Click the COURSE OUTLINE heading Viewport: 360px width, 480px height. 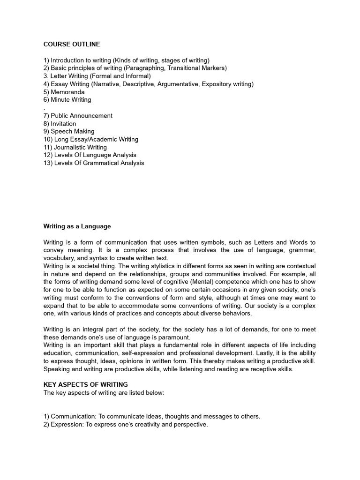(72, 45)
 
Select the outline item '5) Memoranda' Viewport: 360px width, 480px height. (64, 92)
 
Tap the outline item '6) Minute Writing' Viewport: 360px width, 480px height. (67, 100)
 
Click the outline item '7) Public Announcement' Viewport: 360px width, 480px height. (78, 116)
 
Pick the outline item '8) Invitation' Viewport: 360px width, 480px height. (60, 124)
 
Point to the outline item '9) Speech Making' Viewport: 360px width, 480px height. (69, 131)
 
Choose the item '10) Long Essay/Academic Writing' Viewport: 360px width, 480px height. (91, 139)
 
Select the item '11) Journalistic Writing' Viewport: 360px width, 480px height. (75, 147)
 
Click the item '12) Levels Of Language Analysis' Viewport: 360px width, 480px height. (90, 155)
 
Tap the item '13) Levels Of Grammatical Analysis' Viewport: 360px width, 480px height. (94, 163)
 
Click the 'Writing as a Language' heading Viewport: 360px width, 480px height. (77, 226)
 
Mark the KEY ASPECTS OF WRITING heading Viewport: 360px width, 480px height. (86, 384)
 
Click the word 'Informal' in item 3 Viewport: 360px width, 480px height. (136, 76)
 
